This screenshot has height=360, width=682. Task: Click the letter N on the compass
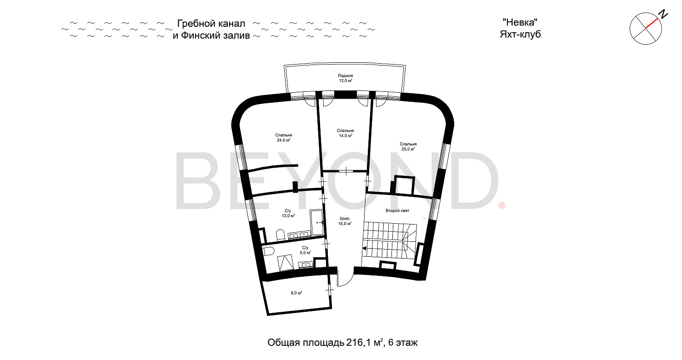coord(663,14)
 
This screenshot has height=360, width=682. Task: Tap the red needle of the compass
coord(652,23)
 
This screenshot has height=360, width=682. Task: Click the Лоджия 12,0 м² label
coord(346,78)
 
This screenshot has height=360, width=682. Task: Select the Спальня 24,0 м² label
coord(283,138)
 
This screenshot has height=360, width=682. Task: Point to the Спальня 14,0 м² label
coord(346,133)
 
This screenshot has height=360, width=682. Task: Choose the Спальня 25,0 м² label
coord(408,146)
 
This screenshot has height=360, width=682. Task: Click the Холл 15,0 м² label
coord(345,221)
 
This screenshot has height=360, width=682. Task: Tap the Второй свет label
coord(397,210)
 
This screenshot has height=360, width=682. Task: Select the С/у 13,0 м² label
coord(288,213)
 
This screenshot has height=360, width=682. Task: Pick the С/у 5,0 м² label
coord(305,250)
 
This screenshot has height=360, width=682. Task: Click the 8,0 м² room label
coord(296,293)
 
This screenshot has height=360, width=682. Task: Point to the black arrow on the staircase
coord(364,248)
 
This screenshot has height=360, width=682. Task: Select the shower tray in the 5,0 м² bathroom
coord(286,263)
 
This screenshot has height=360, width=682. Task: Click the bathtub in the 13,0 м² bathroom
coord(316,222)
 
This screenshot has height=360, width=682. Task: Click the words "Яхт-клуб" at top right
coord(520,35)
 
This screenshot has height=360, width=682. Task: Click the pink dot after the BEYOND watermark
coord(502,206)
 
